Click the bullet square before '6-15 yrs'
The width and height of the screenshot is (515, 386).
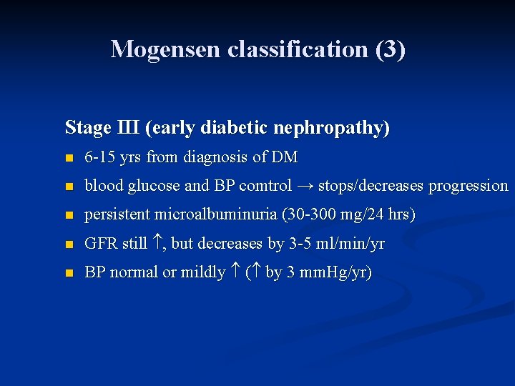[x=69, y=158]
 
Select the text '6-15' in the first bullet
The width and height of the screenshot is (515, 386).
[x=99, y=157]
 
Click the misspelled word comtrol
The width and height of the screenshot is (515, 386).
[x=265, y=186]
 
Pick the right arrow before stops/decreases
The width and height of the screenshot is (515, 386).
[x=305, y=186]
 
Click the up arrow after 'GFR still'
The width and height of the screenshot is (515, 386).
[x=157, y=244]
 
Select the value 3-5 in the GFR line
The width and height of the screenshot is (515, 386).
[x=299, y=244]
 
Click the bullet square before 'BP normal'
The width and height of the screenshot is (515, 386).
[x=69, y=274]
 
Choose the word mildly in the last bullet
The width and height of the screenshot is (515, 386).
[x=204, y=272]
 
